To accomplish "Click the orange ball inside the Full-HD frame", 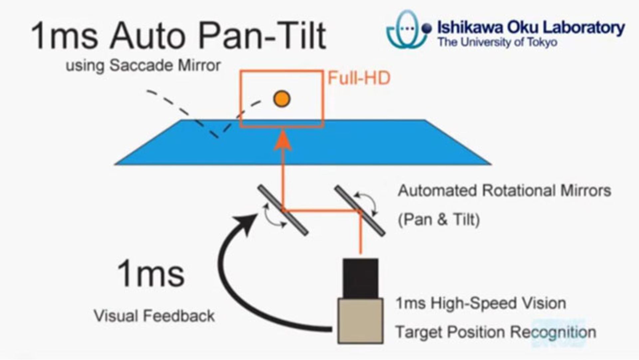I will (282, 99).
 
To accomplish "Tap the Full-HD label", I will (359, 79).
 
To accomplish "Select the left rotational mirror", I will (283, 210).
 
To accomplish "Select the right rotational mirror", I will (360, 211).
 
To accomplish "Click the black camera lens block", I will (360, 278).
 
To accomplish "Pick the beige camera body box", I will (360, 321).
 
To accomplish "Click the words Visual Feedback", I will (154, 316).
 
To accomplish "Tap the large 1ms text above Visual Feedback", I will (151, 274).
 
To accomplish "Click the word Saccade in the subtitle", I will (141, 65).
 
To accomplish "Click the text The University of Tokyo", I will (497, 43).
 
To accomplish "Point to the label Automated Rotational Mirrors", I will (504, 191).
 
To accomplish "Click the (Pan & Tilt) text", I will (439, 220).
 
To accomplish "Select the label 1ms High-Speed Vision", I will (481, 303).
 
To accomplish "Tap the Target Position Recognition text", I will (496, 332).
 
